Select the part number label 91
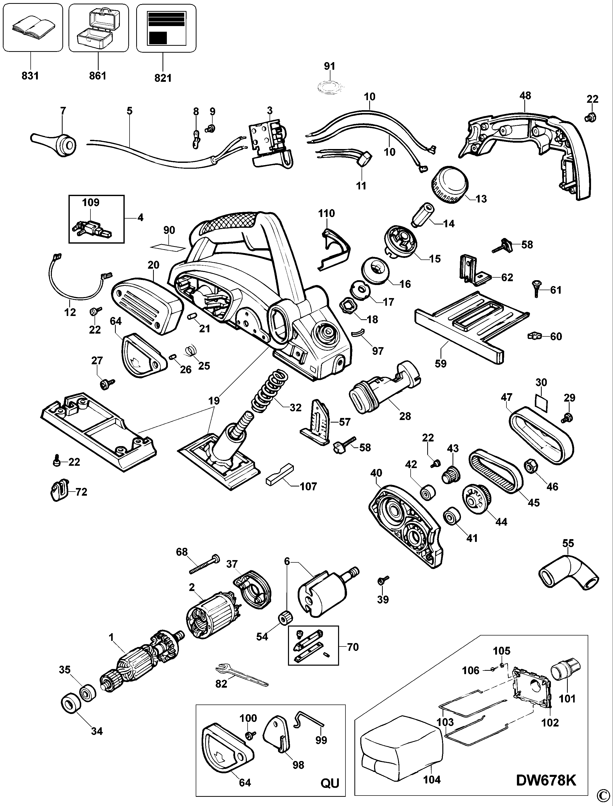[329, 66]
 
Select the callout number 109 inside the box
[90, 202]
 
